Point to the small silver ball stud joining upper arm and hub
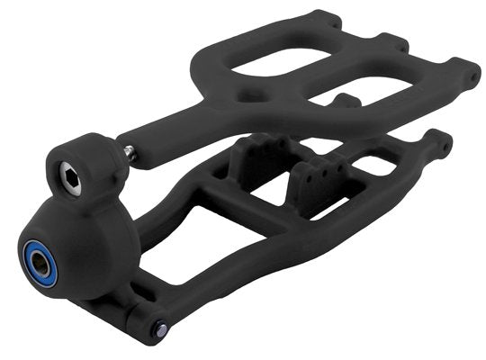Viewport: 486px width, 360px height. pyautogui.click(x=131, y=154)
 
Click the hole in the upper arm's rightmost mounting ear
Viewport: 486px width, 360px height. pyautogui.click(x=472, y=77)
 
